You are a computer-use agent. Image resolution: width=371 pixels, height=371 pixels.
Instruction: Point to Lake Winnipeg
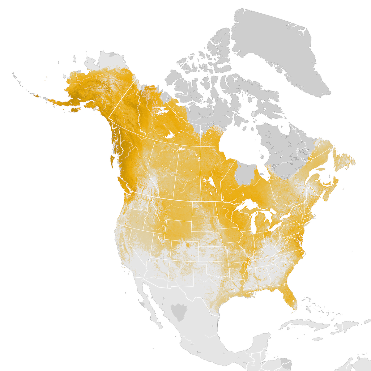click(212, 183)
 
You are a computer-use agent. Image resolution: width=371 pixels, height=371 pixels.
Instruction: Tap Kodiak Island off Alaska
click(75, 110)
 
